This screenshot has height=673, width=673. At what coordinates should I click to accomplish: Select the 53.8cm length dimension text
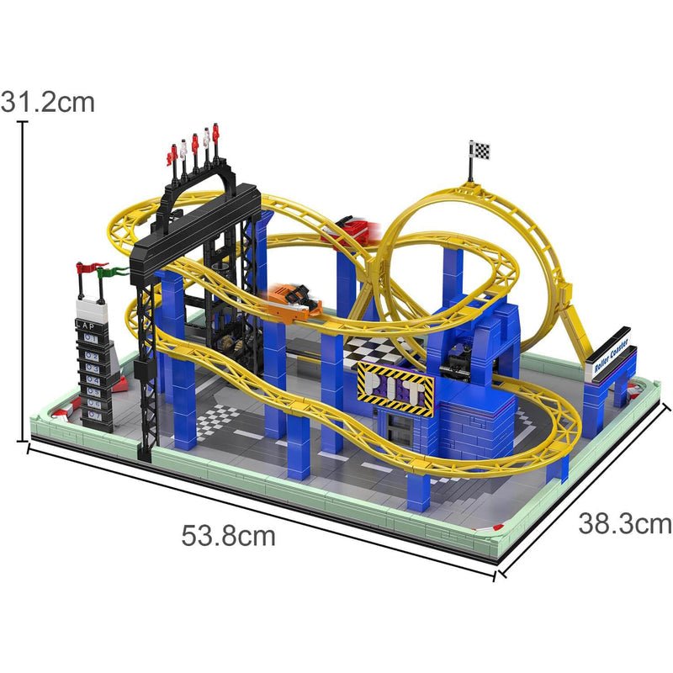tap(228, 535)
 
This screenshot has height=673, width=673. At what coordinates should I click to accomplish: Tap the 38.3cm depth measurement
tap(624, 524)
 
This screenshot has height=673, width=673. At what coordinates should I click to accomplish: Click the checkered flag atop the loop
tap(480, 151)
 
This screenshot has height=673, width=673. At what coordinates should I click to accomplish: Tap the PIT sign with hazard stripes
tap(395, 385)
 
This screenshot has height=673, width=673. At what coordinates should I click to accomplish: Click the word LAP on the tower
tap(87, 321)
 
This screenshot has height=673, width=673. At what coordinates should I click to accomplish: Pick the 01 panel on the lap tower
tap(90, 335)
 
